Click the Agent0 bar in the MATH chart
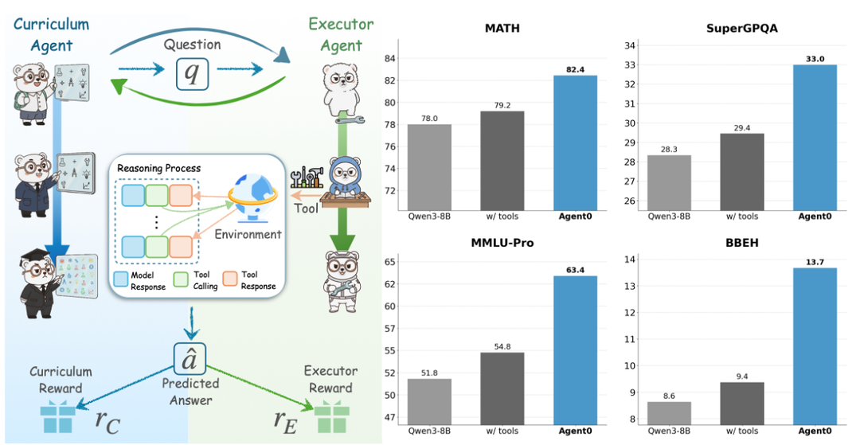pos(575,143)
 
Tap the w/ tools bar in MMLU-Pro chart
pos(502,388)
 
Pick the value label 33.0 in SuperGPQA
pos(815,59)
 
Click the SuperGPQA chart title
pos(741,29)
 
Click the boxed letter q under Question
pos(192,72)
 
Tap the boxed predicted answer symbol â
pos(190,358)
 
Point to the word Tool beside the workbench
pos(306,209)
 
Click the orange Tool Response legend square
pos(230,279)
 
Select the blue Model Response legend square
pos(121,279)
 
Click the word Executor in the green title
pos(341,24)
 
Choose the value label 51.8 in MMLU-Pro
pos(429,373)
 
